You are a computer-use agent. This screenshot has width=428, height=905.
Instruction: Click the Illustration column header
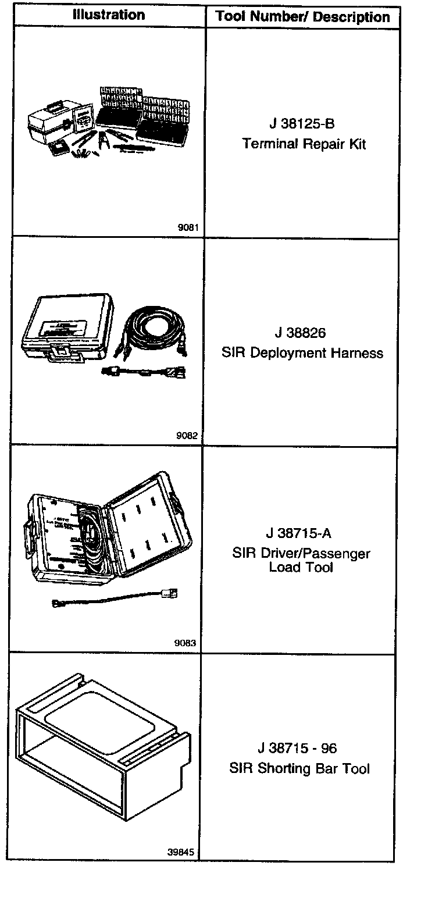click(108, 15)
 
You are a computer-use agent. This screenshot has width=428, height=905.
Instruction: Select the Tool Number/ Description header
click(302, 17)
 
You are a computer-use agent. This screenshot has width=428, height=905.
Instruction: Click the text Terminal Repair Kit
click(304, 144)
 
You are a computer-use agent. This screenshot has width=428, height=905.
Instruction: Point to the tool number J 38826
click(301, 333)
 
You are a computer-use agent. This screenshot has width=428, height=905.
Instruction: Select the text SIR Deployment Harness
click(302, 353)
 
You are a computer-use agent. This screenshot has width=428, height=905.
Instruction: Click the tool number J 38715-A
click(299, 533)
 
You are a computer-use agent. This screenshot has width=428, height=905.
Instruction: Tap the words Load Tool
click(301, 567)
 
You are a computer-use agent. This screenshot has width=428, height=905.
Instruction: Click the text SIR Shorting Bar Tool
click(299, 768)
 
